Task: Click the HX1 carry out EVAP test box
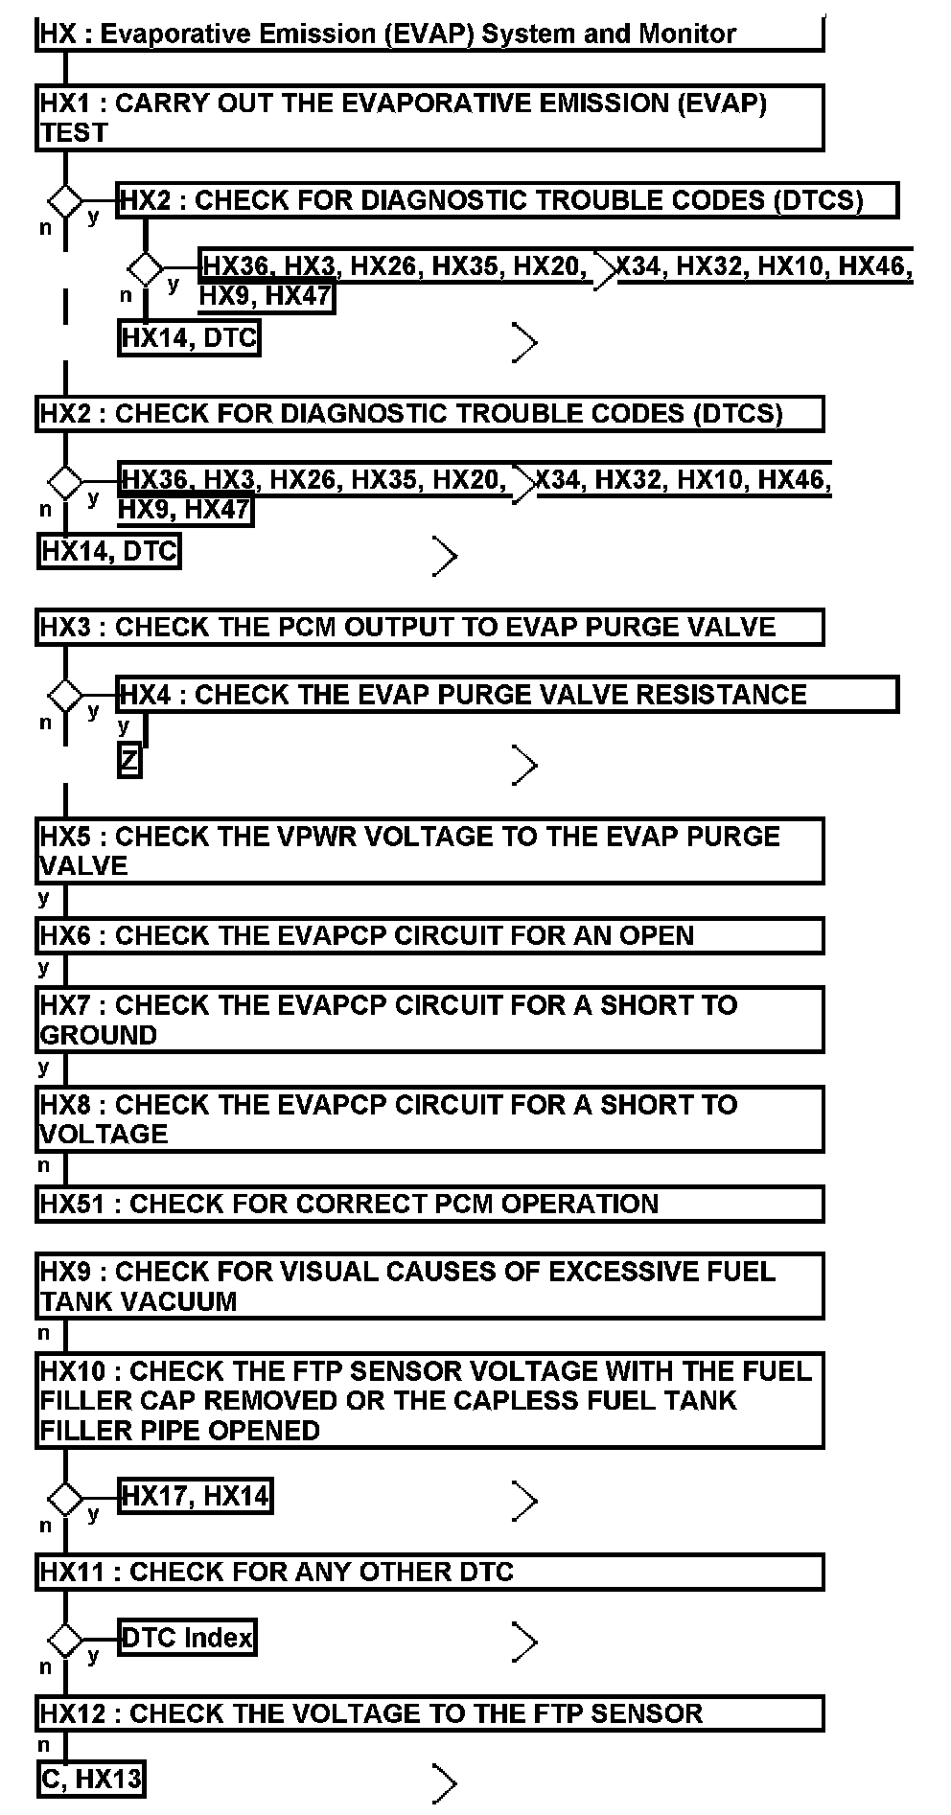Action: tap(429, 118)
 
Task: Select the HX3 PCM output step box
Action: tap(429, 627)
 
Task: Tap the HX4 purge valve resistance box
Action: tap(508, 694)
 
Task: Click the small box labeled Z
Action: tap(129, 761)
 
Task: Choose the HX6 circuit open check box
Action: tap(429, 935)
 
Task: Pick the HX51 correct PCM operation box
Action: tap(429, 1204)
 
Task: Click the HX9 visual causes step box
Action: tap(429, 1286)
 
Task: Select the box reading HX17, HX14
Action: tap(196, 1496)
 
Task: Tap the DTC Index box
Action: tap(188, 1638)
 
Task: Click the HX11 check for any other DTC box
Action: tap(429, 1573)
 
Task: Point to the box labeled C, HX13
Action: tap(92, 1780)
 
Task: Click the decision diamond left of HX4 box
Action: tap(65, 695)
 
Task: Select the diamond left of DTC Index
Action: tap(65, 1639)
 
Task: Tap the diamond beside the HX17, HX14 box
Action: tap(65, 1498)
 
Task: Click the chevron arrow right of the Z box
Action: tap(525, 765)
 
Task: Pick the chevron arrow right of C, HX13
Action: tap(445, 1783)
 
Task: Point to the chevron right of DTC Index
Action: tap(525, 1642)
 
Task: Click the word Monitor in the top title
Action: tap(687, 34)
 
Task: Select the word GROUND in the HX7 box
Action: tap(99, 1035)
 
